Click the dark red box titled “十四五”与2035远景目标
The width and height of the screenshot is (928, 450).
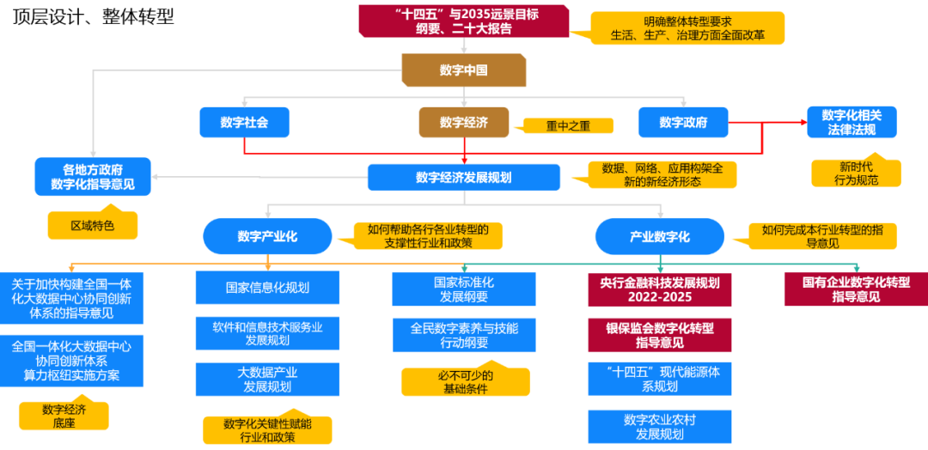point(463,21)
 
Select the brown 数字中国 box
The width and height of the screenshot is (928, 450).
point(463,70)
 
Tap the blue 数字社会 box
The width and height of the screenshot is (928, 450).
point(244,123)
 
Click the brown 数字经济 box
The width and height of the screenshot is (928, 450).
point(463,123)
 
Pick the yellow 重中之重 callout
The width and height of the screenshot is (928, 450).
point(568,125)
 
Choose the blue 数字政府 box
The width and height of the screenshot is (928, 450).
point(683,123)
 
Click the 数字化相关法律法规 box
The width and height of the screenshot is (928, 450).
point(852,122)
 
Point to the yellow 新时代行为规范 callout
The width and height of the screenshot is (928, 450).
point(856,173)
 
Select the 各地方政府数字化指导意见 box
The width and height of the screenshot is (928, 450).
point(93,176)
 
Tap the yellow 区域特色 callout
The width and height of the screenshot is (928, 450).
point(92,226)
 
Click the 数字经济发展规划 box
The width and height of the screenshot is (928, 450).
point(463,177)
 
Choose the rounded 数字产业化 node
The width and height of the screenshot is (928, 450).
point(267,236)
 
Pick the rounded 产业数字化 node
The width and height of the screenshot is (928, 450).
point(659,236)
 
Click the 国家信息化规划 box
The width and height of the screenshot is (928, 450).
point(267,288)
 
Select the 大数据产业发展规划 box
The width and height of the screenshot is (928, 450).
point(267,380)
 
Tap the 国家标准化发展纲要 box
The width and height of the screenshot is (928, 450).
point(463,289)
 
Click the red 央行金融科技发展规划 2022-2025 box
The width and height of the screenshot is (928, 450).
point(659,289)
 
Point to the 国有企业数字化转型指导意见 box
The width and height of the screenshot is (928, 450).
point(855,289)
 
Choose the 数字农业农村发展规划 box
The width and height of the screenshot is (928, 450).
point(659,427)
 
